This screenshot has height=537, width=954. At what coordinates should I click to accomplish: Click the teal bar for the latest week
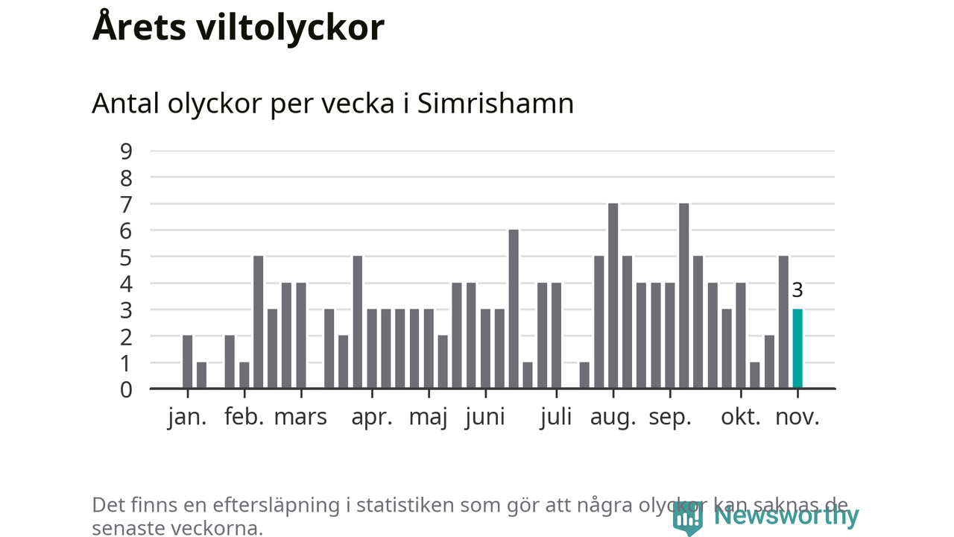tap(797, 349)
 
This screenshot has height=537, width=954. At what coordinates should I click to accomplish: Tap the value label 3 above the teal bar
tap(797, 291)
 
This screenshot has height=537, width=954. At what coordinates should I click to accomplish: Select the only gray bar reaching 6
tap(514, 309)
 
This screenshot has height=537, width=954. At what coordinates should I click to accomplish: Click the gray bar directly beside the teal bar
tap(783, 322)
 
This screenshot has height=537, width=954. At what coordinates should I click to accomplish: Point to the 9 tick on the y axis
tap(126, 151)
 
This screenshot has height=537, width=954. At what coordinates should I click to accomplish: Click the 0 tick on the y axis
tap(126, 389)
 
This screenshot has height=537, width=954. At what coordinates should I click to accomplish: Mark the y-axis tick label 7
tap(126, 204)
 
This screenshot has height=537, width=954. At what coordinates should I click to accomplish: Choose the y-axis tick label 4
tap(126, 283)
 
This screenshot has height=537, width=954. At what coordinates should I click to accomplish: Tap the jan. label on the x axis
tap(187, 417)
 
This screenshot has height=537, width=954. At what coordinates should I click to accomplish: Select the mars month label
tap(300, 417)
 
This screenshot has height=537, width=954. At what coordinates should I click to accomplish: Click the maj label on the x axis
tap(429, 417)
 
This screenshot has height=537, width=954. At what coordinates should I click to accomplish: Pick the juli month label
tap(557, 417)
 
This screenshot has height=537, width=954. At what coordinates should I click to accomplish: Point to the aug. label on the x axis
tap(613, 417)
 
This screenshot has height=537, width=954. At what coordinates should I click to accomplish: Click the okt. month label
tap(741, 417)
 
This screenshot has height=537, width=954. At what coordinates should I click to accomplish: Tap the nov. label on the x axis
tap(797, 417)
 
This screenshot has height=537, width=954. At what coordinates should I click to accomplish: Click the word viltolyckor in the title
tap(291, 28)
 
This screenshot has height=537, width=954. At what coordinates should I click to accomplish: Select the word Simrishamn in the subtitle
tap(496, 104)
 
